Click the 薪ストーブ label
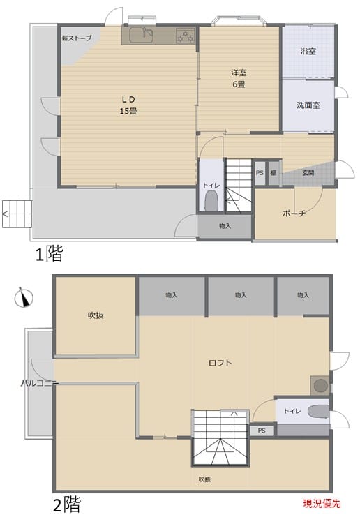tap(77, 38)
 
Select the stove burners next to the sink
tap(186, 36)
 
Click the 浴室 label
tap(308, 52)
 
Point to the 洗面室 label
tap(308, 105)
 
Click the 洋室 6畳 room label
tap(239, 78)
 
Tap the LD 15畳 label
tap(128, 105)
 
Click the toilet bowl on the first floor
tap(211, 201)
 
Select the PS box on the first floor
tap(260, 173)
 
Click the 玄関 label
tap(308, 173)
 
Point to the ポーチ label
tap(294, 214)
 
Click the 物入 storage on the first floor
tap(225, 226)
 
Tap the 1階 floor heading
tap(50, 254)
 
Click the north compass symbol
tap(24, 297)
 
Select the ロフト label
tap(220, 363)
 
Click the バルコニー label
tap(40, 383)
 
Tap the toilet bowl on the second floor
tap(318, 412)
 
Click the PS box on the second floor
tap(262, 431)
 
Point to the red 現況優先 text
tap(322, 504)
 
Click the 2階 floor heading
tap(67, 504)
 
